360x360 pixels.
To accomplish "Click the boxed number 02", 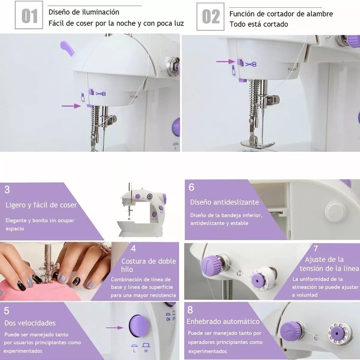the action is [x=211, y=17].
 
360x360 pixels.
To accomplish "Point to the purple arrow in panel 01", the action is [x=71, y=106].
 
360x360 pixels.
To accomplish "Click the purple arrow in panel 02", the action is [x=226, y=61].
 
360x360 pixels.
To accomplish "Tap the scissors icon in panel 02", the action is [x=251, y=64].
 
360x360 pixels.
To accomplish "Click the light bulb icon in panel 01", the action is [x=83, y=97].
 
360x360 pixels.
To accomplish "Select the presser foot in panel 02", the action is [x=257, y=144].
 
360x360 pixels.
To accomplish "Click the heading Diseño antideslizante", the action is [x=224, y=202].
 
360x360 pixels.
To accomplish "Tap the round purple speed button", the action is [x=138, y=326].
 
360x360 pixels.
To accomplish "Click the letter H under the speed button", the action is [x=146, y=351].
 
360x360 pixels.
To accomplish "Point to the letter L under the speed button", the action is [x=134, y=351].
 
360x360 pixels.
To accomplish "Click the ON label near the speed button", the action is [x=168, y=319].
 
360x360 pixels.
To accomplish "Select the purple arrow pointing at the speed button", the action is [x=115, y=328].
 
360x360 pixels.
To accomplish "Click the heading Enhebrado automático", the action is [x=223, y=321].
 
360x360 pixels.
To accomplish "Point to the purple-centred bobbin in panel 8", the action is [x=337, y=333].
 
